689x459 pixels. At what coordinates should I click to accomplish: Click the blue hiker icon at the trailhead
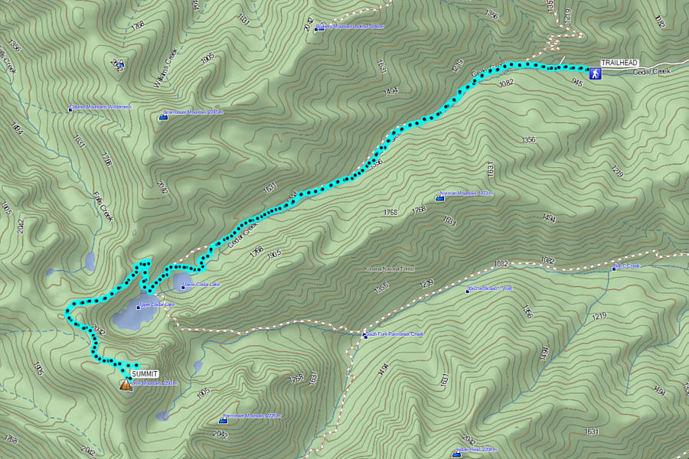point(595,73)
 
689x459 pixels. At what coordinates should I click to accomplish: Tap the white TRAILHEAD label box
point(619,63)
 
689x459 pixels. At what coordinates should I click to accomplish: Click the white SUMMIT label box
point(142,373)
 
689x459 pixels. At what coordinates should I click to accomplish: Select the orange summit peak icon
point(126,384)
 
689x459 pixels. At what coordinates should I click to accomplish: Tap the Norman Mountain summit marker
point(439,198)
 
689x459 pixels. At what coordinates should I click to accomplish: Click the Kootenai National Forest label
point(390,270)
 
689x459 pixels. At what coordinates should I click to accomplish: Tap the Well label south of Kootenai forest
point(485,289)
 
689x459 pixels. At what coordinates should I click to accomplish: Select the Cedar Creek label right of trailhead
point(651,72)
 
